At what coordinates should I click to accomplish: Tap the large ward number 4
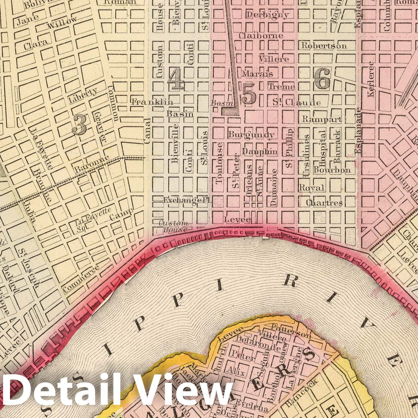coord(176,80)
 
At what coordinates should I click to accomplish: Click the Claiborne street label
coord(261,36)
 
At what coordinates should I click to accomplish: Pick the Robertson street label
coord(324,46)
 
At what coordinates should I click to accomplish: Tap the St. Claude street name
coord(297,103)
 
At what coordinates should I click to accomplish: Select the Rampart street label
coord(322,119)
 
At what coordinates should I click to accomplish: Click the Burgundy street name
coord(251,135)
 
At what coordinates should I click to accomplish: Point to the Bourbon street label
coord(332,170)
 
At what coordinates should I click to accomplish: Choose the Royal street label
coord(311,188)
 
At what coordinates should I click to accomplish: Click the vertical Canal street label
coord(147,131)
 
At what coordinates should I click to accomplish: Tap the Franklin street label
coord(152,102)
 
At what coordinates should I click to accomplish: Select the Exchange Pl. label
coord(187,200)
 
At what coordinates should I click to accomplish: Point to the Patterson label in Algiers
coord(291,330)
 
